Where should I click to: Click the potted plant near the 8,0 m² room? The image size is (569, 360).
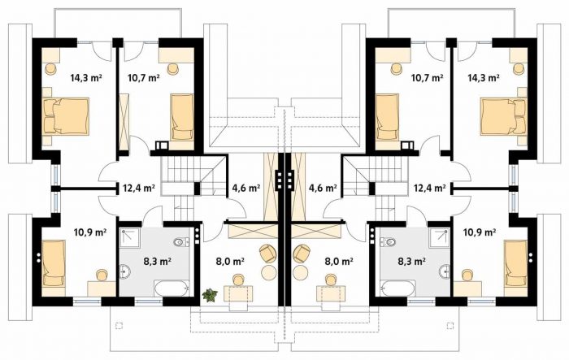pyautogui.click(x=210, y=295)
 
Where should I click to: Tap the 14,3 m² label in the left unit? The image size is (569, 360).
pyautogui.click(x=86, y=77)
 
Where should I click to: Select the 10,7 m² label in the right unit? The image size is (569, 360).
pyautogui.click(x=427, y=77)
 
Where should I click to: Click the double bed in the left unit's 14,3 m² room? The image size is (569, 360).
pyautogui.click(x=66, y=116)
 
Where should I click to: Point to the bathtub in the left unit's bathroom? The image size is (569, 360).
pyautogui.click(x=172, y=288)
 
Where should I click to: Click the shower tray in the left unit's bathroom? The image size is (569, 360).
pyautogui.click(x=130, y=238)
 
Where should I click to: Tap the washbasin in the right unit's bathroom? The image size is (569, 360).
pyautogui.click(x=445, y=271)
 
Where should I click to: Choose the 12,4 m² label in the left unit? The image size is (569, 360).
pyautogui.click(x=139, y=188)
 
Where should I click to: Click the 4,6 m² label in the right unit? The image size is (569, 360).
pyautogui.click(x=323, y=188)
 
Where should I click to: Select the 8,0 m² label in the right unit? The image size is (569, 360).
pyautogui.click(x=339, y=261)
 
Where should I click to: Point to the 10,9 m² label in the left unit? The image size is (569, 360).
pyautogui.click(x=90, y=232)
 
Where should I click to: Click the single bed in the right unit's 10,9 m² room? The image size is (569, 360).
pyautogui.click(x=515, y=263)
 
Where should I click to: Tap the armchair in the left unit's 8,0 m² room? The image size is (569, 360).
pyautogui.click(x=267, y=254)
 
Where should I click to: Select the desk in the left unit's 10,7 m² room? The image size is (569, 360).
pyautogui.click(x=176, y=54)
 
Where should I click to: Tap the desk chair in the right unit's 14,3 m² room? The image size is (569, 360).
pyautogui.click(x=519, y=68)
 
